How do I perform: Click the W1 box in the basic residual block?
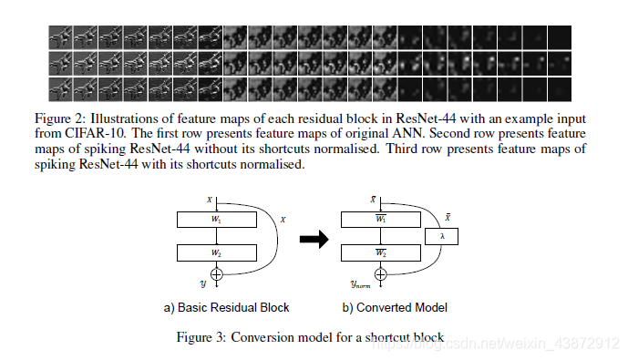217,220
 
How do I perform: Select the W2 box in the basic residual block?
217,253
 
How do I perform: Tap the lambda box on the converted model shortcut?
442,237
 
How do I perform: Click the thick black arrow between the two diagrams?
314,239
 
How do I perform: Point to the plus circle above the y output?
217,274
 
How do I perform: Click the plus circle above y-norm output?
380,274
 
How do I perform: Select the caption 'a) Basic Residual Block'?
226,307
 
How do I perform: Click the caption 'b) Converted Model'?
395,307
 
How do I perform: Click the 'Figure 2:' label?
60,118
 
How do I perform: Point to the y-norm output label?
360,284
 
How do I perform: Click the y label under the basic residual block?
203,284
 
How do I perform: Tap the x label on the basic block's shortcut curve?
283,220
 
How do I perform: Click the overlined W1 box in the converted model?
380,220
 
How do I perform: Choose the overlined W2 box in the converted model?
380,253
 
